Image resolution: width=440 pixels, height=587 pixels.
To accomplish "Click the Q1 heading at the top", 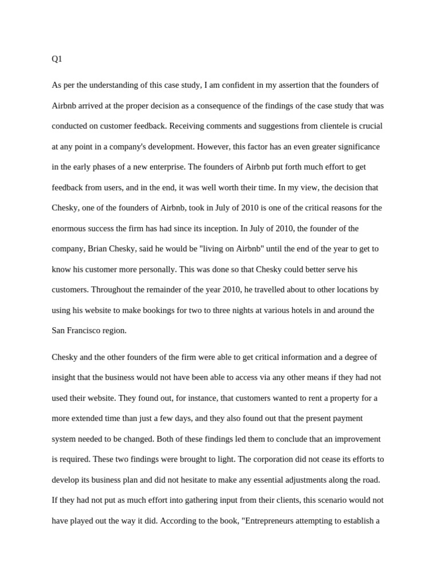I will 57,59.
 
